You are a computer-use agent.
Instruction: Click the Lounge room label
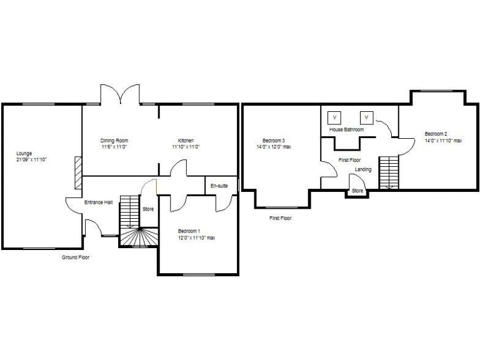click(24, 153)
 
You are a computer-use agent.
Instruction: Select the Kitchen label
click(186, 141)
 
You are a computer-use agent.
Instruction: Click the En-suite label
click(219, 186)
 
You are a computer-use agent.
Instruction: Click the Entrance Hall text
click(99, 202)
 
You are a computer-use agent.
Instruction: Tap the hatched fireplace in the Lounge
click(77, 172)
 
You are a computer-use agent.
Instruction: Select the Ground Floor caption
click(75, 257)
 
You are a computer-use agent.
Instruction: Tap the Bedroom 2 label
click(436, 134)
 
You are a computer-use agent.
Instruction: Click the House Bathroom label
click(346, 129)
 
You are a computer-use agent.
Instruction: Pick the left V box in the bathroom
click(334, 117)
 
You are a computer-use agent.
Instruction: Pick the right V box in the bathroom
click(366, 117)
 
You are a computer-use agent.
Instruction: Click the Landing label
click(363, 169)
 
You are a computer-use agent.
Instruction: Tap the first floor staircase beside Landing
click(388, 172)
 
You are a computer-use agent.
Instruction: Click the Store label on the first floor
click(357, 191)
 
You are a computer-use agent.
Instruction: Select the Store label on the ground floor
click(148, 209)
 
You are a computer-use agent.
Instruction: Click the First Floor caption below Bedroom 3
click(281, 218)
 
